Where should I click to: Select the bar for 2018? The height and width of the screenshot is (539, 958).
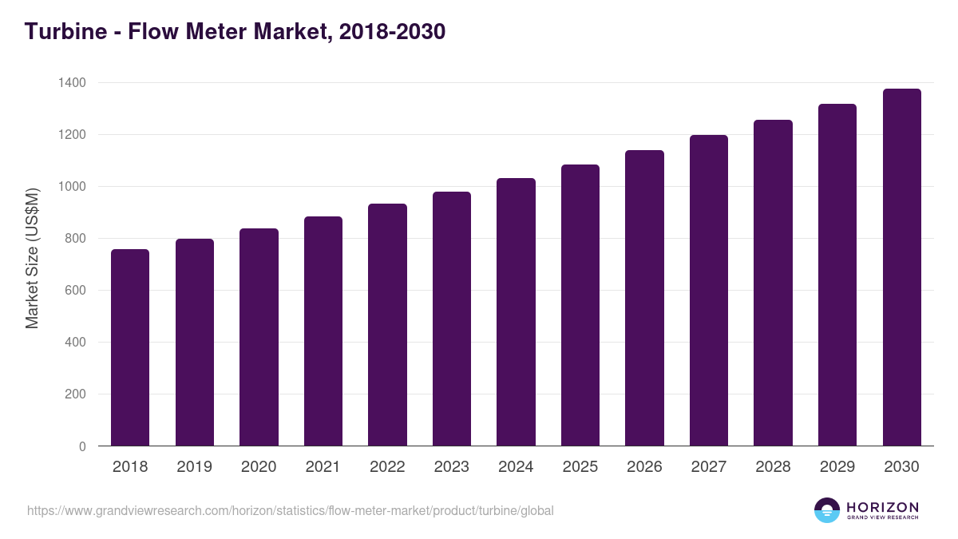[130, 347]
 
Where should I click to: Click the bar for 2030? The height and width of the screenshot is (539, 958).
[901, 268]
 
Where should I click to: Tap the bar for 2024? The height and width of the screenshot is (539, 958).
[516, 312]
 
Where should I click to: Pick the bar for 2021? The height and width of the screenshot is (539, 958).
[323, 331]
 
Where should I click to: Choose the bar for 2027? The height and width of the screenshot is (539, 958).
[709, 291]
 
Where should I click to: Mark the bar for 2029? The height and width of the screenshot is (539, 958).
[837, 275]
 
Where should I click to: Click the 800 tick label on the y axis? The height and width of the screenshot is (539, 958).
[75, 239]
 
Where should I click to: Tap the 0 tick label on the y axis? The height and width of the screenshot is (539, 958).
[82, 446]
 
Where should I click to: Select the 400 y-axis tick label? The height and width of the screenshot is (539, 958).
[75, 343]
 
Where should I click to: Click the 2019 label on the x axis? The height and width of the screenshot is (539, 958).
[195, 467]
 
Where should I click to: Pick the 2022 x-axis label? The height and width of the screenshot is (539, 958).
[387, 467]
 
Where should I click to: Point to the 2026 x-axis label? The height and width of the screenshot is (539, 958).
[644, 467]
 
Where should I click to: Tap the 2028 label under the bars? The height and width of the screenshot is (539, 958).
[773, 467]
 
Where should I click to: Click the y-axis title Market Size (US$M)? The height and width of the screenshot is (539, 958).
[32, 257]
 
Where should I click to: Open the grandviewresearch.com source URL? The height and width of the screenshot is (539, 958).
[290, 510]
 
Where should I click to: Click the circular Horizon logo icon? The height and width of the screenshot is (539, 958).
[827, 510]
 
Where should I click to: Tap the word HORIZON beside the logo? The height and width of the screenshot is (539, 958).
[882, 506]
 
